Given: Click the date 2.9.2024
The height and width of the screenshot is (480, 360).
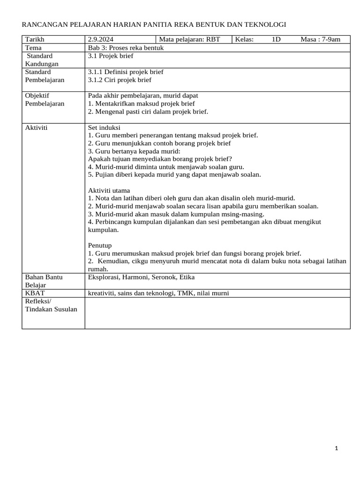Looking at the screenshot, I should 101,39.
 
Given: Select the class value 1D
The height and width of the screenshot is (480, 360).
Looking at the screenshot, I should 276,39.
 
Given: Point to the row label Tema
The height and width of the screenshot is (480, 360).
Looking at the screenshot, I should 33,48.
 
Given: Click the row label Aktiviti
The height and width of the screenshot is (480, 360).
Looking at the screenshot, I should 37,127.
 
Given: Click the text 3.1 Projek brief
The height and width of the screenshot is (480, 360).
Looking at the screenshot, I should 111,56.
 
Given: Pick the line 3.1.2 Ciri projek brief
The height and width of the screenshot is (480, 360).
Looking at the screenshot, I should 120,80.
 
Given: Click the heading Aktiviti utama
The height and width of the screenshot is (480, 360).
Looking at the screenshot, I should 109,190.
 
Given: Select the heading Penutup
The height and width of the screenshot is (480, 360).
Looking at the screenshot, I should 100,246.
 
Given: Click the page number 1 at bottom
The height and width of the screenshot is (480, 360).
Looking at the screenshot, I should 336,449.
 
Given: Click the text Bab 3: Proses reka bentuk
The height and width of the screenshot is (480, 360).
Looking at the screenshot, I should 126,48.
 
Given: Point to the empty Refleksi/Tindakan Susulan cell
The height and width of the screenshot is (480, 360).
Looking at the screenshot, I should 217,313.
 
